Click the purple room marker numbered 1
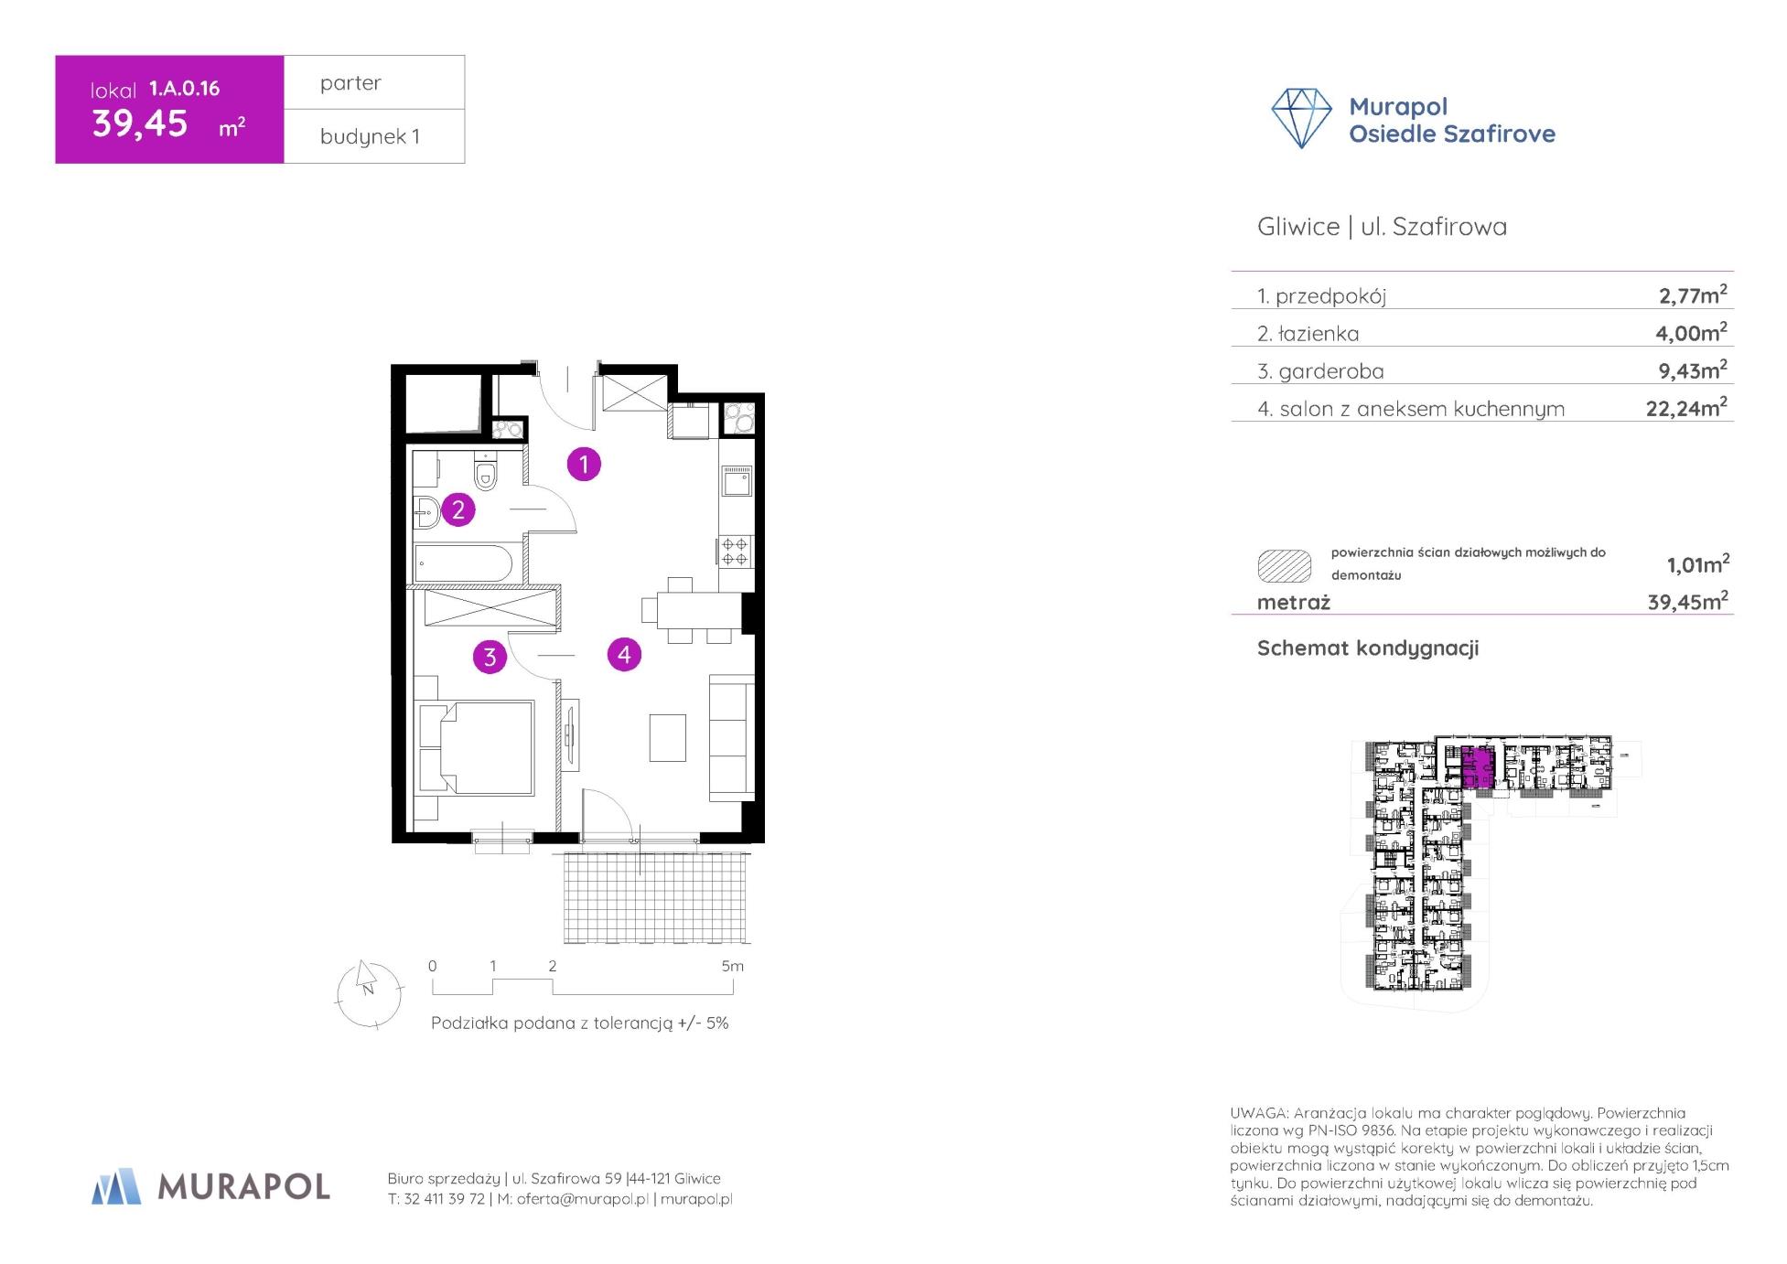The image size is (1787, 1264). (x=584, y=464)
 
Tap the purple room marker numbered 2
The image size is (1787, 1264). (x=458, y=509)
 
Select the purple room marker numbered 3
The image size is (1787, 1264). (x=490, y=657)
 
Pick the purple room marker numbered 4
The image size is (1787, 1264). (x=624, y=654)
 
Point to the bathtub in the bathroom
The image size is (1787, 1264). (x=463, y=563)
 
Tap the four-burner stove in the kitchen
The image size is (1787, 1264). (x=736, y=551)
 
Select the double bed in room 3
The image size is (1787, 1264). (x=476, y=747)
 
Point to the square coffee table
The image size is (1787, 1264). (x=668, y=737)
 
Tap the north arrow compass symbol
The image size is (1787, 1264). (x=370, y=994)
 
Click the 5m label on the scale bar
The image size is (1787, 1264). (x=732, y=966)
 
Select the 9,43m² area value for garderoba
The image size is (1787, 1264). (x=1691, y=370)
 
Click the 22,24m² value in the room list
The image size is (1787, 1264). (x=1686, y=407)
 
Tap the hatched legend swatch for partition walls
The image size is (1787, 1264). (x=1285, y=566)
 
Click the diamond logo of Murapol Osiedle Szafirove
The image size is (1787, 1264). (x=1301, y=118)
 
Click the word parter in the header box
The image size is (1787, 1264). (x=350, y=83)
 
